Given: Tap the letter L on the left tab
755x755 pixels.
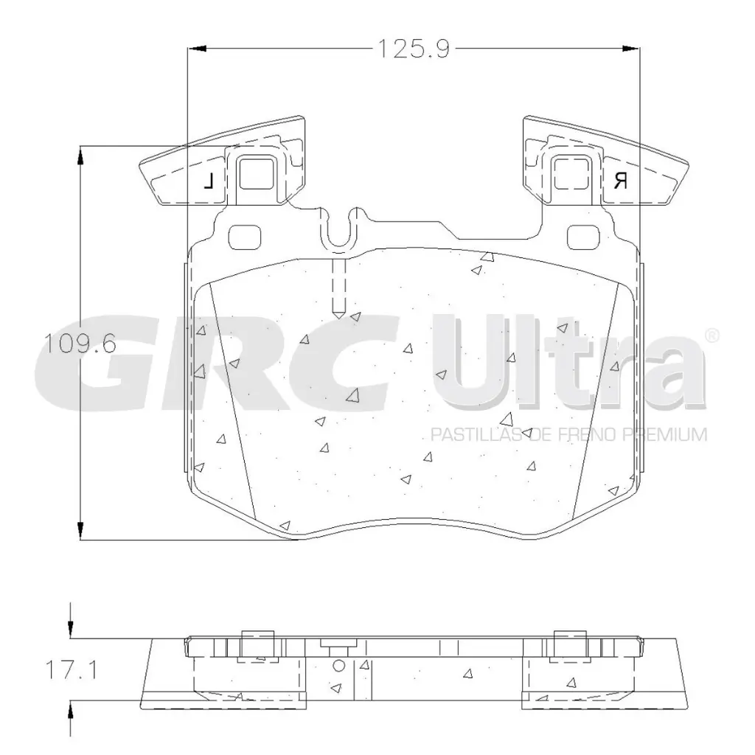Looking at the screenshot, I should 209,181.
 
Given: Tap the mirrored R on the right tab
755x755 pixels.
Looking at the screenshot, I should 620,181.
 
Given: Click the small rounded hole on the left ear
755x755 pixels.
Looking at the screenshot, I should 246,237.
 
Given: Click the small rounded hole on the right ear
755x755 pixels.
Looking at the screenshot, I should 582,237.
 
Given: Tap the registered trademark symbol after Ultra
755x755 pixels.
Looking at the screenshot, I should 712,335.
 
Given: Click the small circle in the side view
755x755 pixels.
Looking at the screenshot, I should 338,666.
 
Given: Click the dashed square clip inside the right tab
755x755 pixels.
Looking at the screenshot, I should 571,175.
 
